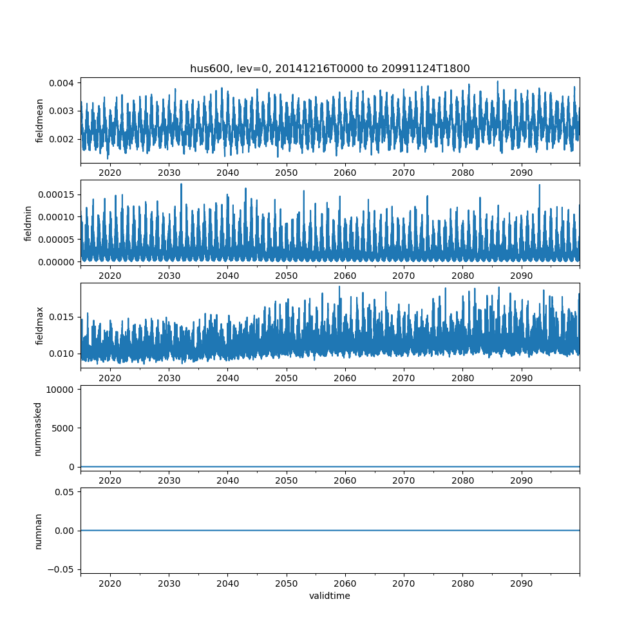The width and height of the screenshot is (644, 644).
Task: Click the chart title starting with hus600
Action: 329,68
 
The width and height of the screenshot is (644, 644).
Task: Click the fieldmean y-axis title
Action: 40,120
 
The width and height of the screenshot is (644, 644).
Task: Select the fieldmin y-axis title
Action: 28,223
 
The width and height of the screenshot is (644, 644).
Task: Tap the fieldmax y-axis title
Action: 40,325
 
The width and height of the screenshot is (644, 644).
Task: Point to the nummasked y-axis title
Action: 37,428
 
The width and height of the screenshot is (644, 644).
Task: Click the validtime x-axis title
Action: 329,596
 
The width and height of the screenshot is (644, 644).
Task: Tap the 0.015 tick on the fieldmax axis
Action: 62,317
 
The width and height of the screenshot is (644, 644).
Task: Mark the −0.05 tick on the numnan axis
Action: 62,569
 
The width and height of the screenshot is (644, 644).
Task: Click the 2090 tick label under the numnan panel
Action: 521,583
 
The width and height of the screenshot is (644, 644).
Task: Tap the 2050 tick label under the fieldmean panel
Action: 287,173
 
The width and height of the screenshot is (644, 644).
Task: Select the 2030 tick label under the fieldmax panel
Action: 169,379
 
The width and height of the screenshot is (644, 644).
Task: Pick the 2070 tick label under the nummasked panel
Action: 404,481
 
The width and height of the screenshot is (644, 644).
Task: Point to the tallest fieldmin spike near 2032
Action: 181,184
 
